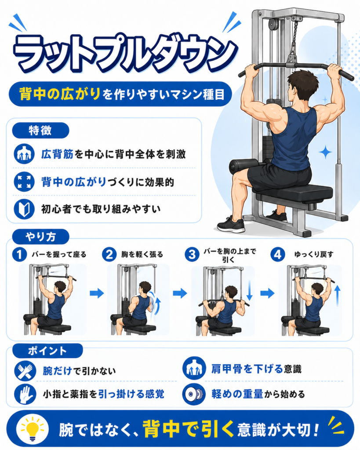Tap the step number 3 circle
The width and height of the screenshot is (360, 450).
pyautogui.click(x=192, y=254)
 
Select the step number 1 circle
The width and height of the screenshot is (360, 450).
pyautogui.click(x=19, y=254)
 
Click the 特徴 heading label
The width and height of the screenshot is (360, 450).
pyautogui.click(x=40, y=131)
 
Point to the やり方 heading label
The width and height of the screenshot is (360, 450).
pyautogui.click(x=40, y=237)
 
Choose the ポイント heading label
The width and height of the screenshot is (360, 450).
pyautogui.click(x=47, y=351)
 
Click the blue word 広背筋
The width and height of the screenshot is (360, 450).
pyautogui.click(x=58, y=154)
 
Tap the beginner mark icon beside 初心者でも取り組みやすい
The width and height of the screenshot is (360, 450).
pyautogui.click(x=24, y=209)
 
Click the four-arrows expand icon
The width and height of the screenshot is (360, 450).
pyautogui.click(x=24, y=181)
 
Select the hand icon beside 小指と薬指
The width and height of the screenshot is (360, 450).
pyautogui.click(x=25, y=394)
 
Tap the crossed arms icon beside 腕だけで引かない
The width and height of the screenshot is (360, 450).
pyautogui.click(x=25, y=370)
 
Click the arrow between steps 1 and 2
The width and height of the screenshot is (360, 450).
pyautogui.click(x=97, y=293)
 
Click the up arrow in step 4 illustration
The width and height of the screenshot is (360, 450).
pyautogui.click(x=338, y=296)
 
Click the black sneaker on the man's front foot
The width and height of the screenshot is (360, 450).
pyautogui.click(x=231, y=225)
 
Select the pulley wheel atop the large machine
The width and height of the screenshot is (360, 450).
pyautogui.click(x=273, y=25)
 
